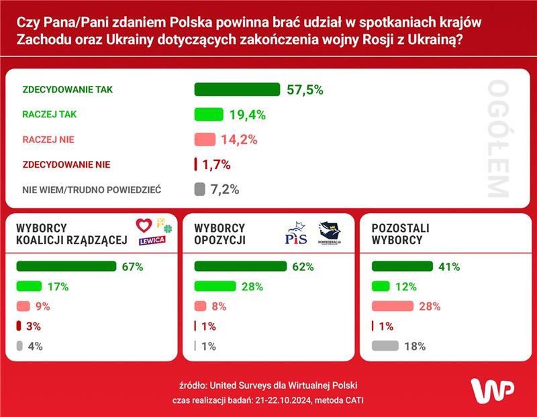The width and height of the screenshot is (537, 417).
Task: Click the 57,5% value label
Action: point(305,90)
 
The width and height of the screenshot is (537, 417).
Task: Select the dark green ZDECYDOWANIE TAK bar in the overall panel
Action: point(236,90)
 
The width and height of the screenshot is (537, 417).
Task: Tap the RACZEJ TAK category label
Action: point(50,115)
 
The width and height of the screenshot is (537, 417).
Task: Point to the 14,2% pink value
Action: point(240,139)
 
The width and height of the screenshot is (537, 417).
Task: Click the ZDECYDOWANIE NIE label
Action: point(66,164)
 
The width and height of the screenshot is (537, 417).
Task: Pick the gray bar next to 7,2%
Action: point(199,189)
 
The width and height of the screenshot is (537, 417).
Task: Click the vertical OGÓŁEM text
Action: point(498,139)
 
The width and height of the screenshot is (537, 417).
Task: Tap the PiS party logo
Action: point(296,235)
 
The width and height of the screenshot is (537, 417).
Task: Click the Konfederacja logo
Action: point(330,233)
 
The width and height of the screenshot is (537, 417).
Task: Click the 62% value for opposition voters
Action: point(303,266)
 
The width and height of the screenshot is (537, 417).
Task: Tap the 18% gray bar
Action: point(385,347)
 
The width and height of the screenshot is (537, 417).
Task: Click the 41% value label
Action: point(449,266)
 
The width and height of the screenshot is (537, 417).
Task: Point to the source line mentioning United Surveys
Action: point(268,385)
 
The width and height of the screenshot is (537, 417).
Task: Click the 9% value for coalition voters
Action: point(42,306)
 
